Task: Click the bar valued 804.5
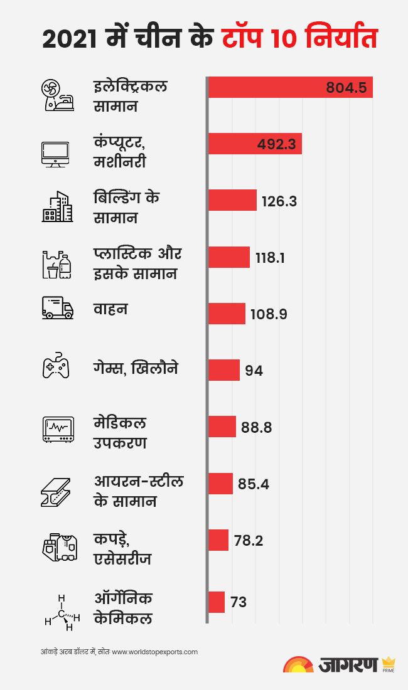pyautogui.click(x=290, y=87)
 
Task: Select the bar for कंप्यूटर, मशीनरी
pyautogui.click(x=255, y=144)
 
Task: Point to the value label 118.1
pyautogui.click(x=271, y=257)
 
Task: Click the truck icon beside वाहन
pyautogui.click(x=57, y=307)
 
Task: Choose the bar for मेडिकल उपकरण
pyautogui.click(x=222, y=427)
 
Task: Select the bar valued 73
pyautogui.click(x=216, y=602)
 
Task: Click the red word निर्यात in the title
pyautogui.click(x=341, y=39)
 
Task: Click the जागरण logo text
pyautogui.click(x=348, y=664)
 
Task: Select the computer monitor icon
pyautogui.click(x=55, y=153)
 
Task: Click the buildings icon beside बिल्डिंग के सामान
pyautogui.click(x=57, y=206)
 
